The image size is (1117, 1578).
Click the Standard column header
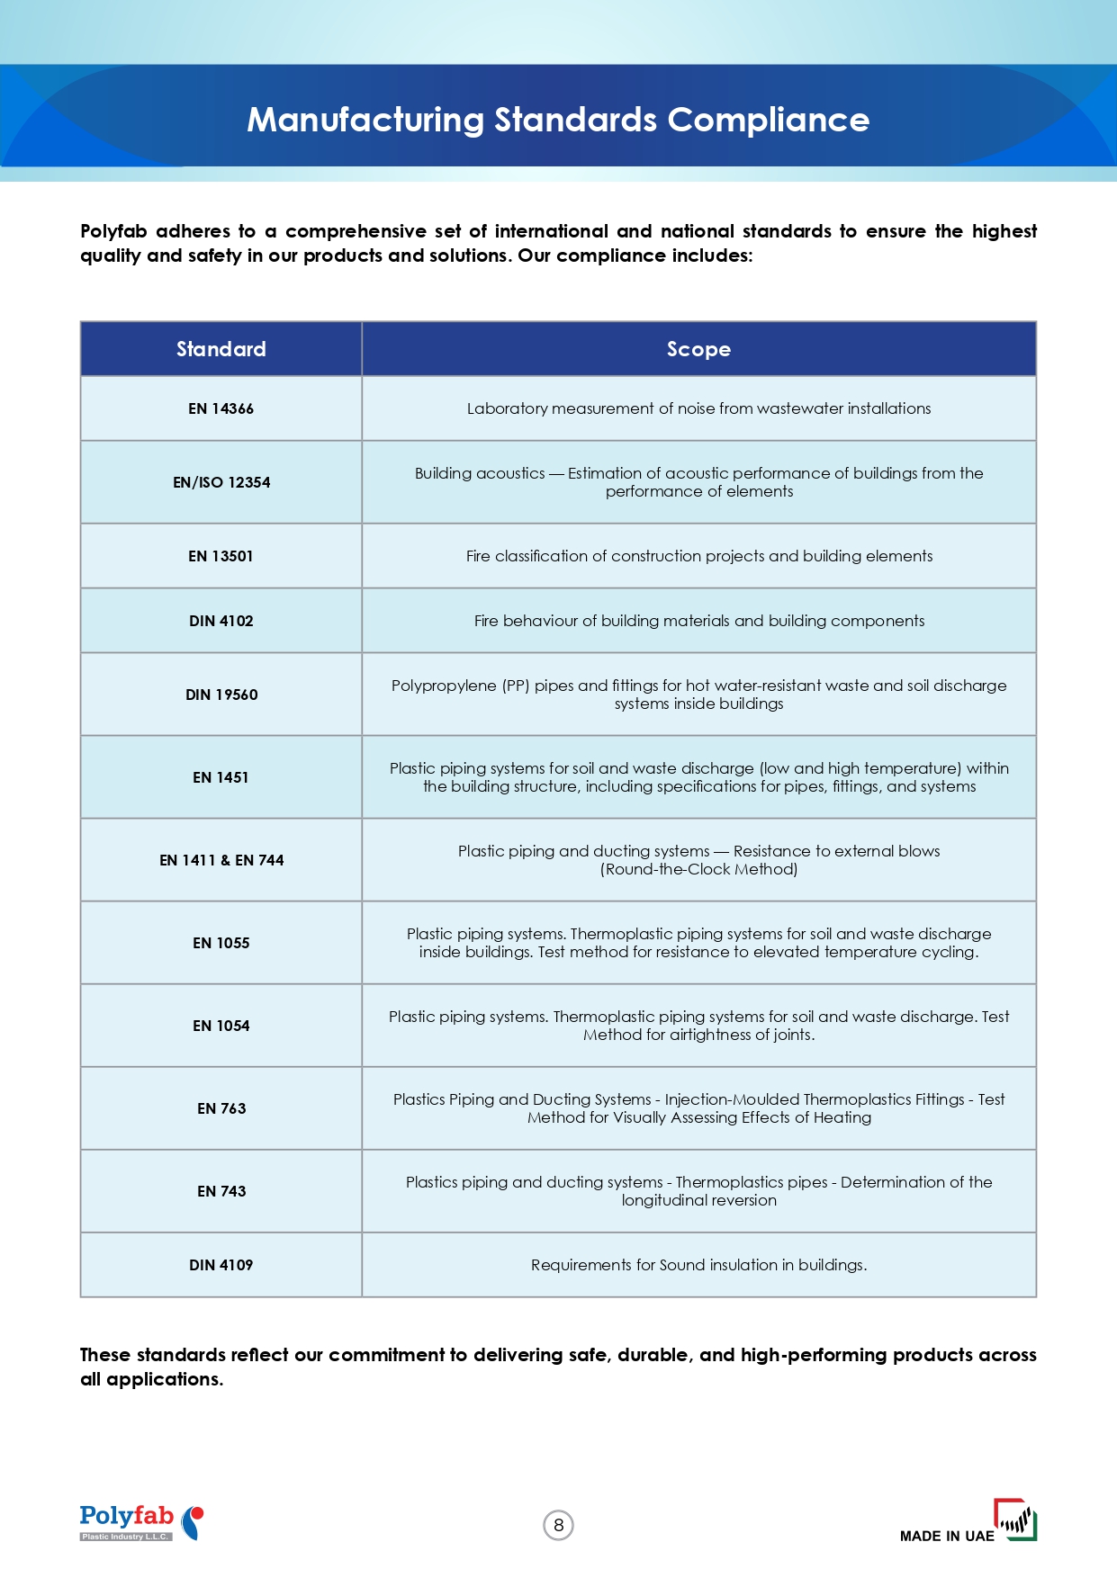221,349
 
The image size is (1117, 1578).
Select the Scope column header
698,349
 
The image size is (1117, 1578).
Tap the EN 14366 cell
221,408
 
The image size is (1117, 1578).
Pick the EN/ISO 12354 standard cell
221,482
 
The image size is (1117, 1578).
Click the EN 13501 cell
221,556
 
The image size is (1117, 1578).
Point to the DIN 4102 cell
221,621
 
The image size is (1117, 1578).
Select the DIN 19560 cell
221,695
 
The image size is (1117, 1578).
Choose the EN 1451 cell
221,777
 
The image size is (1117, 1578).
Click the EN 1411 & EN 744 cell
221,860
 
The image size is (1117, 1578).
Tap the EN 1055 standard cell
221,943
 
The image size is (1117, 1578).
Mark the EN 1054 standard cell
221,1026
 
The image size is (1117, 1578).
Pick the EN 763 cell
221,1108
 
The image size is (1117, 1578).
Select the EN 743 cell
221,1191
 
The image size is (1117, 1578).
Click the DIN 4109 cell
221,1265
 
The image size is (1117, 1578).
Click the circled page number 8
559,1525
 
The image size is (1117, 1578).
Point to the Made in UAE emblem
968,1522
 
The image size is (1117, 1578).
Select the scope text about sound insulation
698,1265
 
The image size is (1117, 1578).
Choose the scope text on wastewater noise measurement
698,408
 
